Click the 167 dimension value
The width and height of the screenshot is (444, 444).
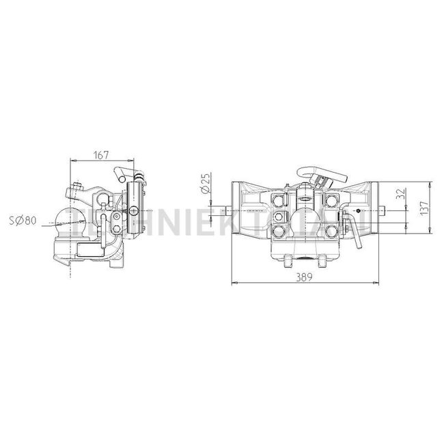[100, 156]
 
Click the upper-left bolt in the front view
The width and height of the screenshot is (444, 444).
[278, 199]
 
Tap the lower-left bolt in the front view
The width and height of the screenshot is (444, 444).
[278, 233]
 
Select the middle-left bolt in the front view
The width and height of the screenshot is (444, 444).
[279, 217]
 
